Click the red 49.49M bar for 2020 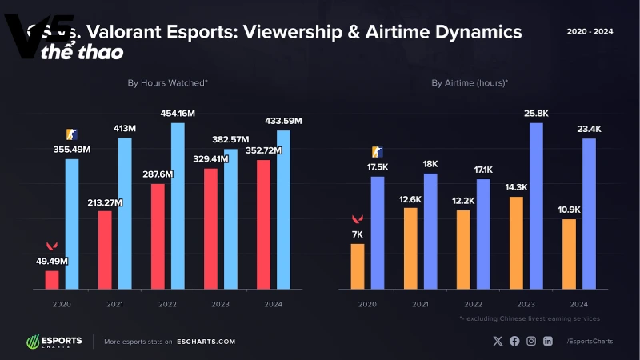(x=51, y=279)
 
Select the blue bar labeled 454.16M (x=178, y=206)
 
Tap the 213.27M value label (x=105, y=202)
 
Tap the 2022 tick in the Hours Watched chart (x=167, y=304)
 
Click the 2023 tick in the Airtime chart (x=526, y=304)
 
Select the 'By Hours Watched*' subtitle (x=167, y=82)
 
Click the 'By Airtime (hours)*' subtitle (x=470, y=82)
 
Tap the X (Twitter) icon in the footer (x=498, y=342)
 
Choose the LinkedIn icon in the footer (x=548, y=342)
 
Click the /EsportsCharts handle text (x=589, y=342)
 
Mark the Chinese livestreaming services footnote (x=530, y=318)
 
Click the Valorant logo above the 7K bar (x=357, y=219)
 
